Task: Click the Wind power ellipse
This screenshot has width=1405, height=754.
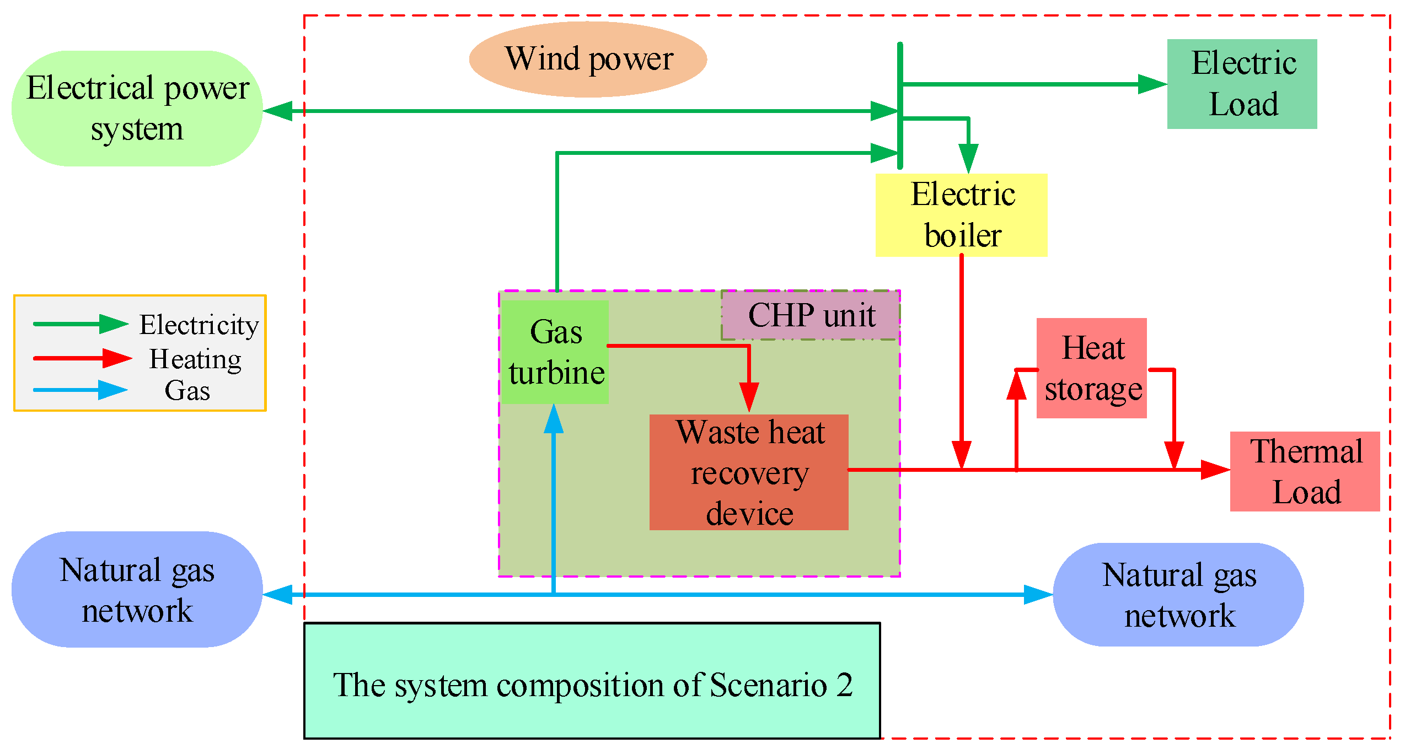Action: tap(588, 60)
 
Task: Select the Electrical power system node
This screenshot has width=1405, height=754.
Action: tap(137, 109)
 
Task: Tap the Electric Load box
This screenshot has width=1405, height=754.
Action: tap(1242, 84)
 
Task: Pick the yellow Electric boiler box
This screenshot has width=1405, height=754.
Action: tap(961, 215)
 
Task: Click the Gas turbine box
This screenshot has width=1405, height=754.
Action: tap(554, 352)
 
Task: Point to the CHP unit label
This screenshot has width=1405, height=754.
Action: tap(811, 315)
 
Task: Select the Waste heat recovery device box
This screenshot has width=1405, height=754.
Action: tap(749, 472)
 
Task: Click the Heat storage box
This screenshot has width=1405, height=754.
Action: tap(1092, 368)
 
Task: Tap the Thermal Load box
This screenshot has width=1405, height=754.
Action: tap(1305, 471)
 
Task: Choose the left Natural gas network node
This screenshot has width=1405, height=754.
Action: tap(137, 589)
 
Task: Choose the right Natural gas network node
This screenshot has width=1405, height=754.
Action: tap(1178, 595)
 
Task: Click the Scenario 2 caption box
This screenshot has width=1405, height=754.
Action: tap(592, 681)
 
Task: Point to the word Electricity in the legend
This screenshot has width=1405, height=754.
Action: tap(199, 325)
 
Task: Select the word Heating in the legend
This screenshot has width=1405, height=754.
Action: tap(196, 360)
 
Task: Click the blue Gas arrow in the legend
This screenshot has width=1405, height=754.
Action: tap(81, 390)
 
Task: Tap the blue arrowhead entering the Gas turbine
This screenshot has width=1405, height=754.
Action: tap(554, 419)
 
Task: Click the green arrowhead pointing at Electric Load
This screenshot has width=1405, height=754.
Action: tap(1152, 84)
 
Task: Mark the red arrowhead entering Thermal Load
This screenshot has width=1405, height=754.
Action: tap(1215, 470)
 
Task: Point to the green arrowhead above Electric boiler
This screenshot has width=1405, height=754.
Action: tap(968, 159)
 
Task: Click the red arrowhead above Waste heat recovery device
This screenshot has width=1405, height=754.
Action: tap(749, 397)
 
